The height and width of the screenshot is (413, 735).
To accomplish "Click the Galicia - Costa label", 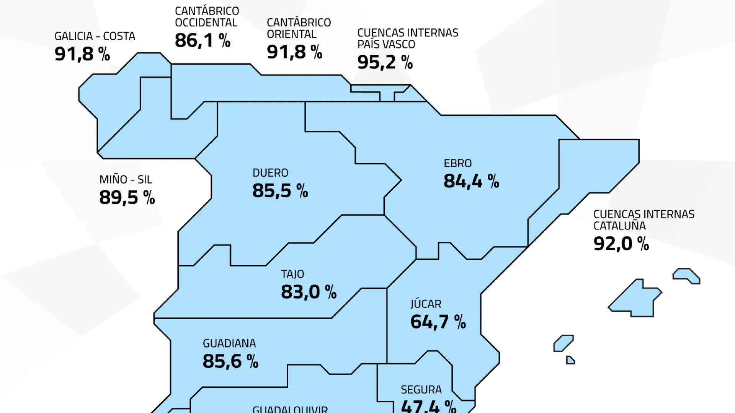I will pyautogui.click(x=95, y=36).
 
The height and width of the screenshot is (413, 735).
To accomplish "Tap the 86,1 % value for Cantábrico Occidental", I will pyautogui.click(x=203, y=41).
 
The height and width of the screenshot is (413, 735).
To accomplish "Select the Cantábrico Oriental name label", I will pyautogui.click(x=299, y=28).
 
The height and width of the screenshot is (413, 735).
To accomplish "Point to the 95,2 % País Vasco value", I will pyautogui.click(x=385, y=62).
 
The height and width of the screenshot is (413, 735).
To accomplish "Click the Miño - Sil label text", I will pyautogui.click(x=126, y=179).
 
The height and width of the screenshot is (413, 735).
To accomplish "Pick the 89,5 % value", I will pyautogui.click(x=127, y=198).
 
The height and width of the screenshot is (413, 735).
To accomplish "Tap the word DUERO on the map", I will pyautogui.click(x=270, y=173).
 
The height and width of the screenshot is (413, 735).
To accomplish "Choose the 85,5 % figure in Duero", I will pyautogui.click(x=280, y=191).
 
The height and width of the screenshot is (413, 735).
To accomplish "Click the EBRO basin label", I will pyautogui.click(x=457, y=163).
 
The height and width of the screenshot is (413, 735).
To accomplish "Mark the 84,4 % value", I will pyautogui.click(x=471, y=181).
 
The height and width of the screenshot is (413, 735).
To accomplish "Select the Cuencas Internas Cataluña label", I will pyautogui.click(x=644, y=220).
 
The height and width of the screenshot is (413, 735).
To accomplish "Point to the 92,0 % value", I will pyautogui.click(x=621, y=244).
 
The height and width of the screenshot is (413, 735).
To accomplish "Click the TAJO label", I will pyautogui.click(x=292, y=274).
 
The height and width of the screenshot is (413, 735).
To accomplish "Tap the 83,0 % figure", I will pyautogui.click(x=309, y=292).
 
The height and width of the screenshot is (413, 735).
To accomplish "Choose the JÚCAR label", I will pyautogui.click(x=426, y=304).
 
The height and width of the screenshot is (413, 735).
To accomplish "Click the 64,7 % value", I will pyautogui.click(x=438, y=322).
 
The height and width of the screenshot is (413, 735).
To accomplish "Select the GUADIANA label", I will pyautogui.click(x=229, y=343).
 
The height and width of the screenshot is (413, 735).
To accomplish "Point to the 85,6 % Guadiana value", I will pyautogui.click(x=230, y=361).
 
